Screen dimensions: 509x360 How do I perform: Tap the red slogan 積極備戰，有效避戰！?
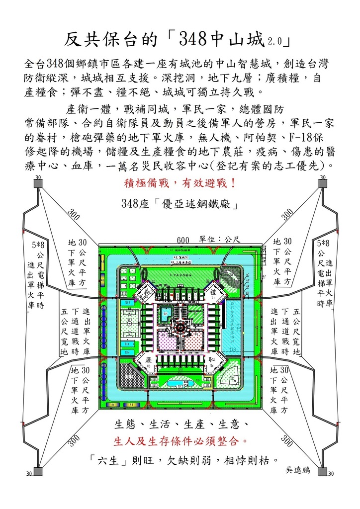(x=180, y=183)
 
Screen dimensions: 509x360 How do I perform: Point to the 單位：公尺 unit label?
(x=219, y=239)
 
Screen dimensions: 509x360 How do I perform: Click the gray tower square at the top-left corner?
(x=38, y=184)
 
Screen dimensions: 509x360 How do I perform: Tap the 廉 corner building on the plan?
(x=148, y=359)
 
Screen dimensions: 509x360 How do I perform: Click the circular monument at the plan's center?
(x=180, y=327)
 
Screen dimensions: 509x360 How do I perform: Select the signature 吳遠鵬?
(x=298, y=469)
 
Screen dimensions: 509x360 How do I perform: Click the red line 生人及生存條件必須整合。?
(x=180, y=440)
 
